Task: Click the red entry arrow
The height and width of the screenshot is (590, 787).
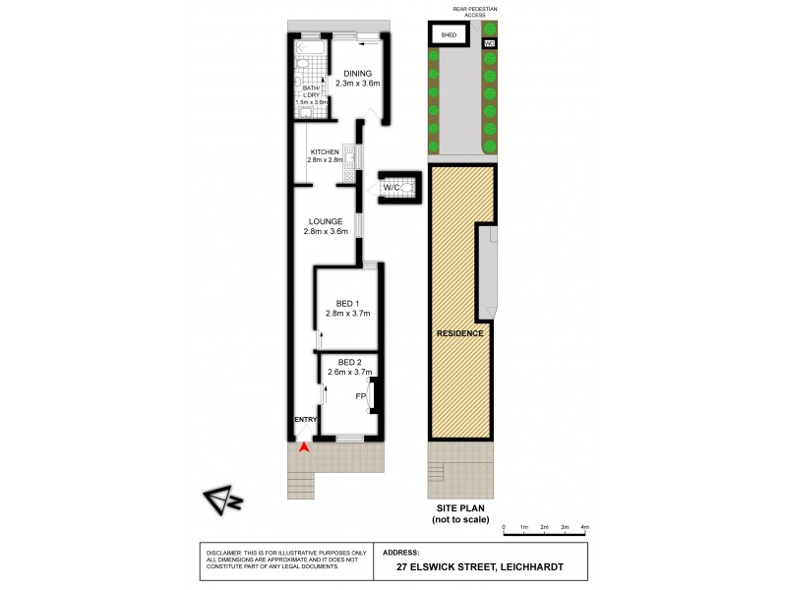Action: (305, 447)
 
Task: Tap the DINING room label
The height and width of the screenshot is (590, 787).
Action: (357, 72)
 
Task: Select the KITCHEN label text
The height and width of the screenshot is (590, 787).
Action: (324, 150)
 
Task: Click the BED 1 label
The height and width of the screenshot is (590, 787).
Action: (345, 303)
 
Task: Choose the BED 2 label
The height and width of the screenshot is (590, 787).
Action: (349, 361)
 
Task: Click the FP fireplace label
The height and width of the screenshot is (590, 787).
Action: (360, 396)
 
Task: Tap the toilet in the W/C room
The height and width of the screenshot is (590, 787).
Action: (409, 186)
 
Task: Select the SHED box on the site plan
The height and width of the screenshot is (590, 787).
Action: (450, 35)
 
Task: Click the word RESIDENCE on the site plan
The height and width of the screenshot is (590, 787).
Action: (460, 333)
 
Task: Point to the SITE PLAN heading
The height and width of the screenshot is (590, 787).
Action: (461, 506)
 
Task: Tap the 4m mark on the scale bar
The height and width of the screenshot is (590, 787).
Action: (584, 528)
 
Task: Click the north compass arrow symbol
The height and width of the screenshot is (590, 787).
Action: (221, 501)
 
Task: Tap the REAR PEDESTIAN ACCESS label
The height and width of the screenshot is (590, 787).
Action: (474, 12)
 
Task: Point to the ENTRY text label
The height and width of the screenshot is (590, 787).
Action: (305, 421)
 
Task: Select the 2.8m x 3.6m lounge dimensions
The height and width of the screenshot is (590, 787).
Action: (327, 232)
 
